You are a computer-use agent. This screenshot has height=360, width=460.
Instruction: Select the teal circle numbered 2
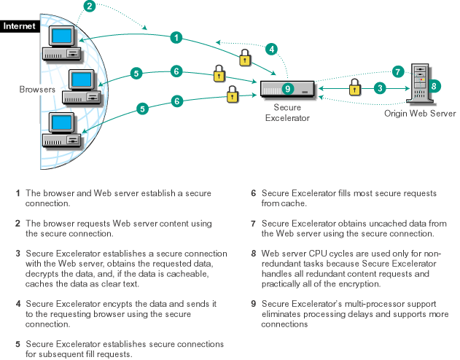(x=90, y=7)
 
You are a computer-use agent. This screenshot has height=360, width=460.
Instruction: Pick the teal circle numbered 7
(x=397, y=71)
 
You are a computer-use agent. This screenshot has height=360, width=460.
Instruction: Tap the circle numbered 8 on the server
(x=434, y=86)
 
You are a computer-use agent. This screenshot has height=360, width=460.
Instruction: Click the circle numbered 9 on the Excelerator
(x=287, y=89)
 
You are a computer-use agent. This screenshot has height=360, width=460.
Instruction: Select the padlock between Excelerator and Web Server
(x=354, y=87)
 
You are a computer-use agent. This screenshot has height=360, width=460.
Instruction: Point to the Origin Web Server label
(x=421, y=114)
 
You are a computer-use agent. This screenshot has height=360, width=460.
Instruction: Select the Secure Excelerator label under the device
(x=287, y=113)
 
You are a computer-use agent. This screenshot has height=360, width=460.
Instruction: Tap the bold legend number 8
(x=253, y=253)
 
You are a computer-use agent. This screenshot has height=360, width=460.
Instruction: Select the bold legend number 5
(x=17, y=344)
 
